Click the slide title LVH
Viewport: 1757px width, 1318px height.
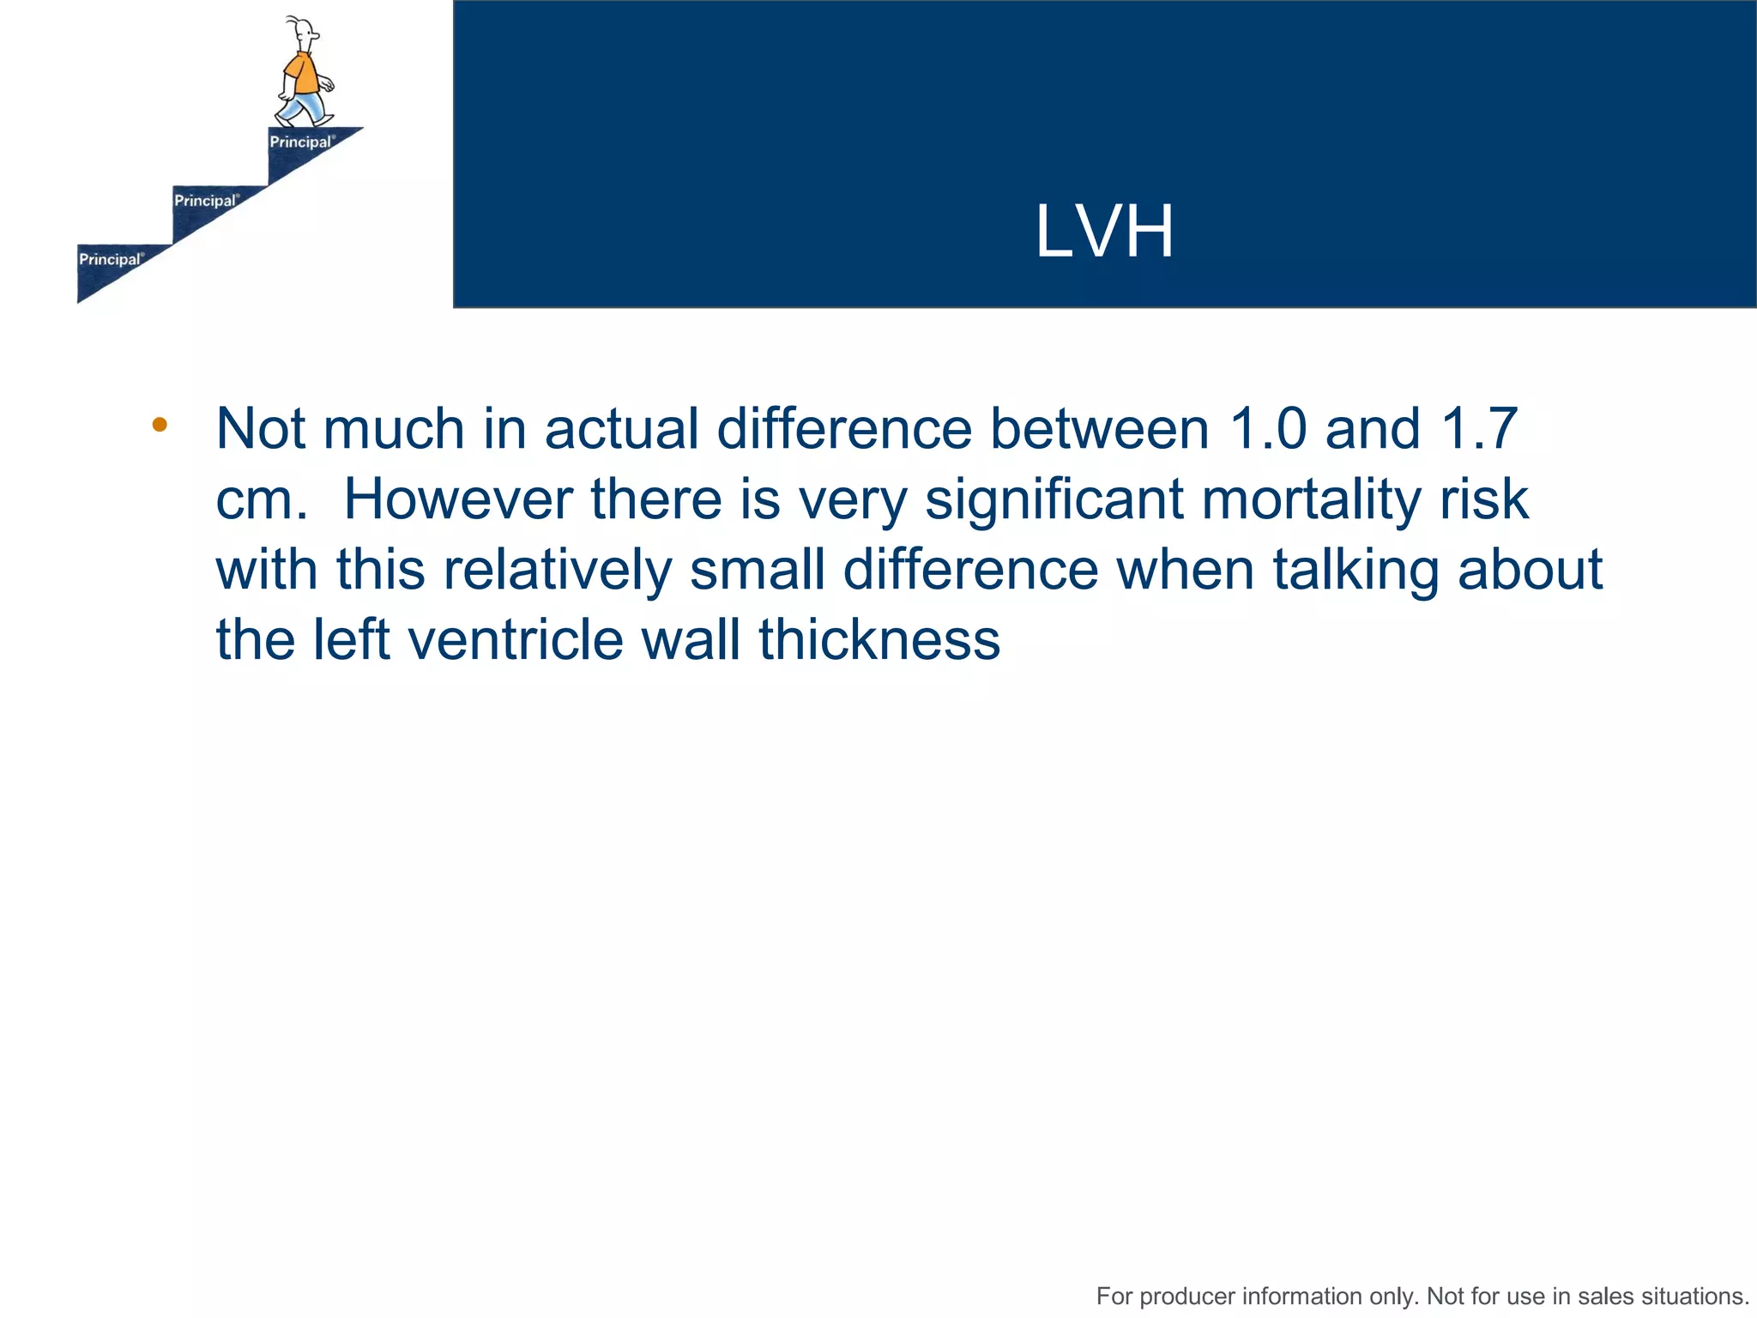pos(1104,232)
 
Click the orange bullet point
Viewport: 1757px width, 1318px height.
pos(160,424)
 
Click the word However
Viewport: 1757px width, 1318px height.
pos(457,499)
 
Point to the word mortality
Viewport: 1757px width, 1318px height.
pos(1310,500)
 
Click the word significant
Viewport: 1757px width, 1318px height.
pos(1054,500)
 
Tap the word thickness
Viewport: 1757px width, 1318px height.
pos(879,640)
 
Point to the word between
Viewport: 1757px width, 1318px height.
pos(1099,428)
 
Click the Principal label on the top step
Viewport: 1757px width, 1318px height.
pos(301,142)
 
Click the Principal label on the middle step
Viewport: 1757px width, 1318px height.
pos(206,201)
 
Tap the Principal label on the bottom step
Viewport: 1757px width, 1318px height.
pos(111,259)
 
